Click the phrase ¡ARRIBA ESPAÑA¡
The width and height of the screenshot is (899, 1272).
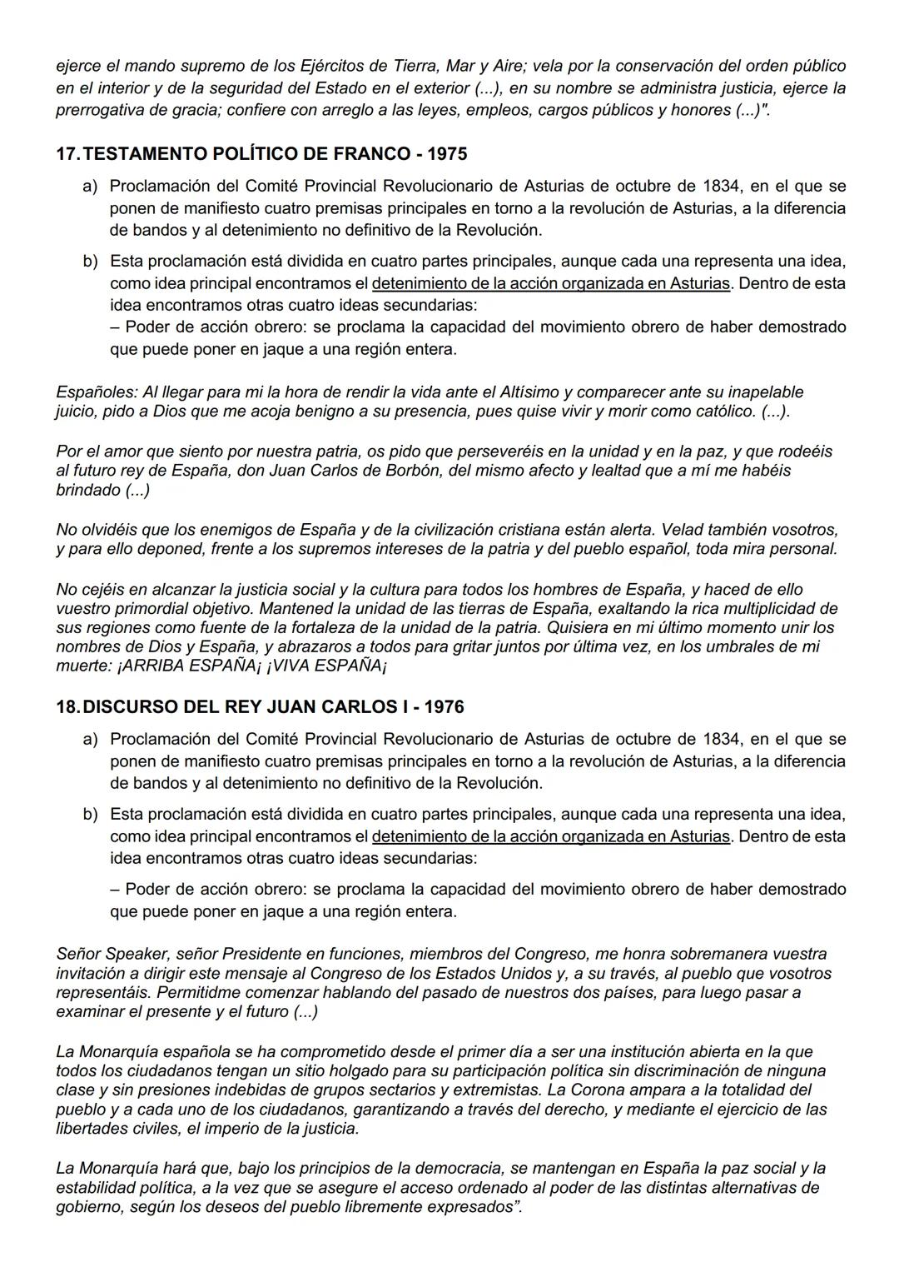[x=190, y=666]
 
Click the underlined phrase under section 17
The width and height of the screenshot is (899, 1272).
[x=551, y=283]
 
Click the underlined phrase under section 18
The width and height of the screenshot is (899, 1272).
[x=551, y=836]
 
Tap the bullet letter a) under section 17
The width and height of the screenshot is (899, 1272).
[x=90, y=186]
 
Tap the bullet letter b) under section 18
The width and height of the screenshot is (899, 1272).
[x=90, y=814]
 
